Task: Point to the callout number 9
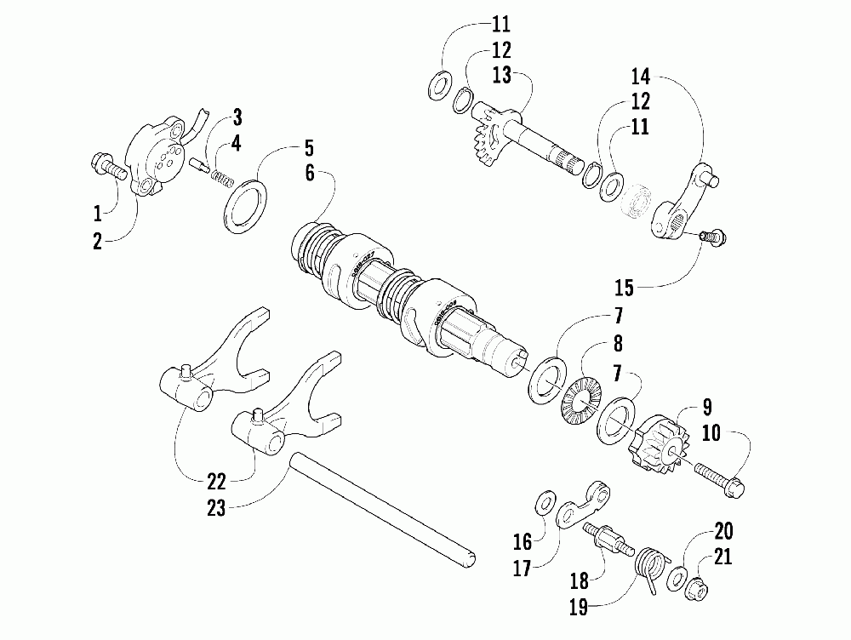[x=705, y=406]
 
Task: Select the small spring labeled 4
[x=221, y=180]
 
